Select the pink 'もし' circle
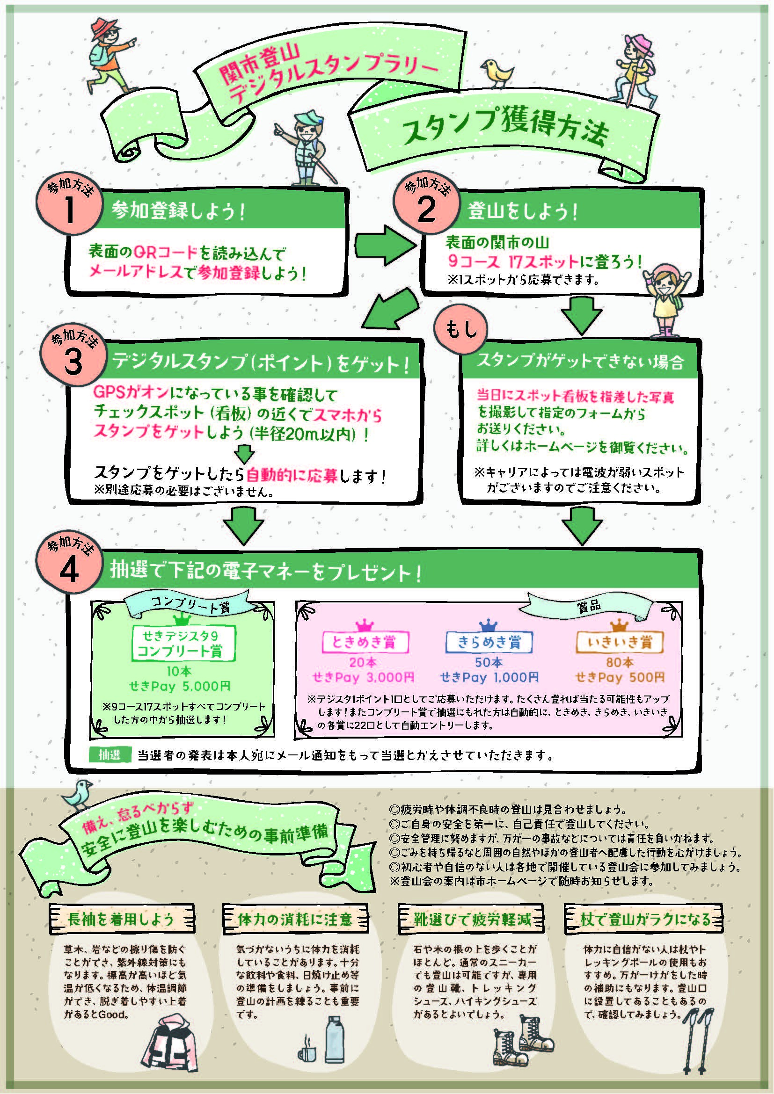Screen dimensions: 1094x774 coord(460,328)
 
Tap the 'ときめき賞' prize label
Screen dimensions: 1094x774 coord(365,642)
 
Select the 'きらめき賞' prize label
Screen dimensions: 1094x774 coord(489,642)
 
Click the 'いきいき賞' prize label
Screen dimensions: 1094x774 coord(620,642)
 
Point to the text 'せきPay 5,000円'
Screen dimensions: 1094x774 coord(180,686)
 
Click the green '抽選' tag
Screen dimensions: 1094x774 coord(109,755)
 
